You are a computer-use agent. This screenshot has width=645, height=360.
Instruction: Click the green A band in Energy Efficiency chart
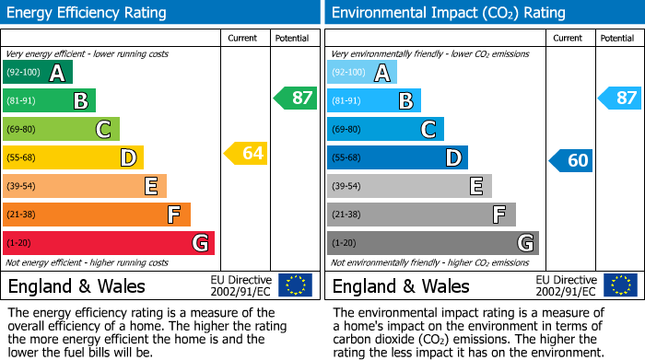[x=38, y=73]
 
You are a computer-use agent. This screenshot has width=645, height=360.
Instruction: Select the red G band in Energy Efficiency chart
[x=109, y=243]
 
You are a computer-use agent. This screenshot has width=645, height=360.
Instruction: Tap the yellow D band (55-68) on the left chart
[x=73, y=157]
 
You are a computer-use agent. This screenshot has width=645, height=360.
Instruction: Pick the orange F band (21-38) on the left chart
[x=97, y=215]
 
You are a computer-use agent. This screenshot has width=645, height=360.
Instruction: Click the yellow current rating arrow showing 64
[x=246, y=153]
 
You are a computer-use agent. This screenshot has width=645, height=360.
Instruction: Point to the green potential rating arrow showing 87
[x=296, y=98]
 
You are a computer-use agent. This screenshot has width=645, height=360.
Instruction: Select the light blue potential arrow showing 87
[x=619, y=98]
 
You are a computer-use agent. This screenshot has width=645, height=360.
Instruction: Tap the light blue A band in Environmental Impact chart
[x=362, y=73]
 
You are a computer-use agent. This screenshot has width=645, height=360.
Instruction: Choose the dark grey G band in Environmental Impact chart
[x=433, y=243]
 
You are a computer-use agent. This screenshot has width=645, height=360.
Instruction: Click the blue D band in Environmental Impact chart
[x=397, y=157]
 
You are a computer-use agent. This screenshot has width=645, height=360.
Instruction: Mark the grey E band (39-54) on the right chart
[x=409, y=186]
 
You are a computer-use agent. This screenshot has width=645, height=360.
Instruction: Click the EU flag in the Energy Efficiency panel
[x=295, y=285]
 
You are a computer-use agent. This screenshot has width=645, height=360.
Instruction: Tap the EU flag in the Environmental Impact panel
[x=619, y=285]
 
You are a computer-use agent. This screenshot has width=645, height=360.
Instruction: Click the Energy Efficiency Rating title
[x=87, y=13]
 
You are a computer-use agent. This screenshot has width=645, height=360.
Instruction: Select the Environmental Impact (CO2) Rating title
[x=448, y=13]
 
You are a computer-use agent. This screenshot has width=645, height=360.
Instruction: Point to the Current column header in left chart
[x=244, y=38]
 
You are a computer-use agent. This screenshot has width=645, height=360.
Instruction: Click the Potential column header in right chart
[x=617, y=38]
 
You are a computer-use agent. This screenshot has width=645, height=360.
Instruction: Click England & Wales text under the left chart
[x=76, y=285]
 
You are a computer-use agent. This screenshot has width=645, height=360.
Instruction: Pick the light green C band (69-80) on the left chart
[x=61, y=129]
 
